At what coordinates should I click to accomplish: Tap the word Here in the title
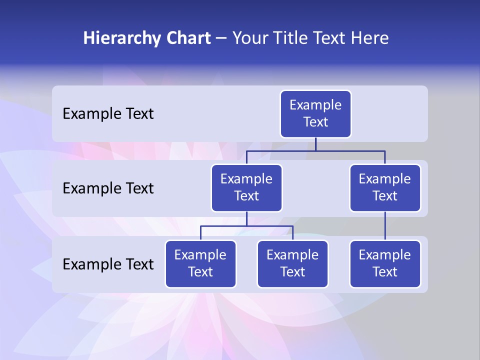click(x=370, y=38)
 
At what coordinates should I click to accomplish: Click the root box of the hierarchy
click(x=315, y=113)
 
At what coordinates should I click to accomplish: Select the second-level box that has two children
click(x=246, y=187)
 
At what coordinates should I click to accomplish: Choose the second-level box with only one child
click(x=385, y=187)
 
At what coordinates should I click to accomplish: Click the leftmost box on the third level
click(x=200, y=263)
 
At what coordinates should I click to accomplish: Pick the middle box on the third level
click(x=292, y=263)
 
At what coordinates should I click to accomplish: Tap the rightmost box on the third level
click(x=385, y=263)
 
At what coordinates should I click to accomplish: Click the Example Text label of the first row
click(x=108, y=114)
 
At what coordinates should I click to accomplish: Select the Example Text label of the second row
click(x=108, y=188)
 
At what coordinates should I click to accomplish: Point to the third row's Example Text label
click(x=108, y=264)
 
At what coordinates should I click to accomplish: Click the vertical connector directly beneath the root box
click(x=315, y=144)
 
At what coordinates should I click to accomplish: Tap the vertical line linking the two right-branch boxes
click(x=385, y=226)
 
